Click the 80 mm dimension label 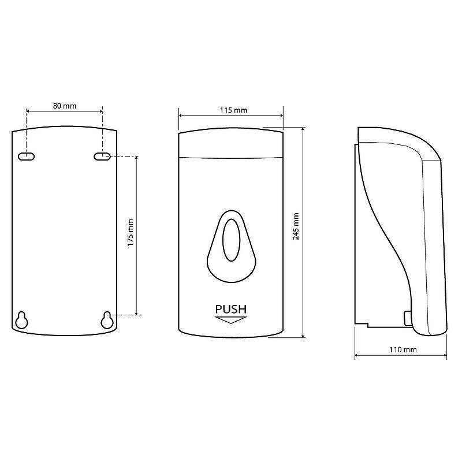tap(65, 106)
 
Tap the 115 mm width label tap(234, 110)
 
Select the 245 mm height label tap(296, 226)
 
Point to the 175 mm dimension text tap(131, 233)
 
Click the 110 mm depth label tap(403, 350)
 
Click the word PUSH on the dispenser tap(230, 309)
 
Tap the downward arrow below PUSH tap(230, 320)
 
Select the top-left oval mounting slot tap(27, 157)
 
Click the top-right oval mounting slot tap(102, 157)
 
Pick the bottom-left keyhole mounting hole tap(22, 320)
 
